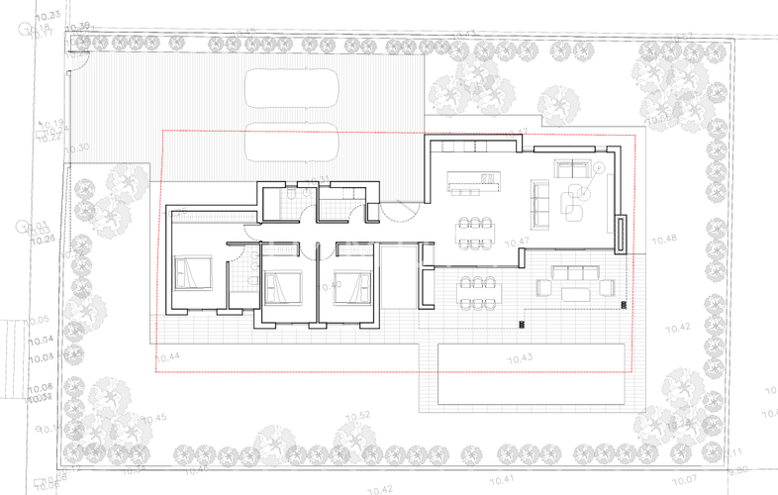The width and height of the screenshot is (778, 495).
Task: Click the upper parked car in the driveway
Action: point(292,87)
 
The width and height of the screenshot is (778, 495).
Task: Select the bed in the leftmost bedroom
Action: point(192,271)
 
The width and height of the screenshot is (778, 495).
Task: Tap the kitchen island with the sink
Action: point(472,181)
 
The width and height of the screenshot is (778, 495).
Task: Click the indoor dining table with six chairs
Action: point(475,233)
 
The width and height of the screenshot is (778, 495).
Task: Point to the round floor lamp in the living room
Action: point(599,167)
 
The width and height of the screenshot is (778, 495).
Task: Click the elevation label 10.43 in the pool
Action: point(520,357)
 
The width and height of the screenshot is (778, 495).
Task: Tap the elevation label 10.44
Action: point(168,356)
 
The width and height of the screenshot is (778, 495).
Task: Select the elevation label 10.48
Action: point(665,240)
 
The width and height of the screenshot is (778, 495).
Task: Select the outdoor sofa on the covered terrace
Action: point(575,272)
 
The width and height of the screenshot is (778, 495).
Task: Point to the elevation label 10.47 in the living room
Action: point(517,243)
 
